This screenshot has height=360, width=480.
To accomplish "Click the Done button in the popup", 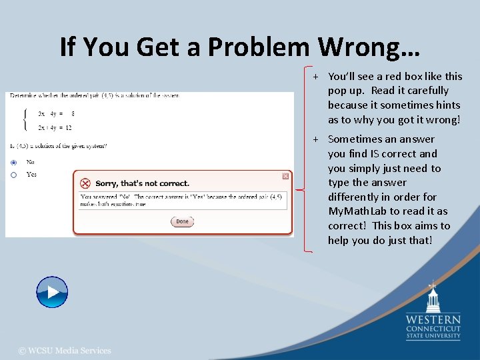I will click(182, 221).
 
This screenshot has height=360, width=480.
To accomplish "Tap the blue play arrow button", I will click(52, 292).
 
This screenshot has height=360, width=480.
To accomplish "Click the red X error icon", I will click(85, 183).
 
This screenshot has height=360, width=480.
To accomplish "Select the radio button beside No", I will click(14, 162).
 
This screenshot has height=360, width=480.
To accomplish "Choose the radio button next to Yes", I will click(14, 175).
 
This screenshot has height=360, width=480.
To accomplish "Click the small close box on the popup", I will click(285, 176).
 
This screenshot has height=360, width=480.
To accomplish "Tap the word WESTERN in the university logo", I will click(433, 320).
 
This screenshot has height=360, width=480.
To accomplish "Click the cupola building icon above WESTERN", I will click(433, 298).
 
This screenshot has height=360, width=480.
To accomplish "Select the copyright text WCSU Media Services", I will click(65, 351).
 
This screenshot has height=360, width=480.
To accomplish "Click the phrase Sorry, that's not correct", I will click(143, 183).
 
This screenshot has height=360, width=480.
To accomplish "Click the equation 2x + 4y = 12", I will click(55, 127).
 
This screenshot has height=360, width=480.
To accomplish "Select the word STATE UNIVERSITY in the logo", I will click(433, 336).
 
